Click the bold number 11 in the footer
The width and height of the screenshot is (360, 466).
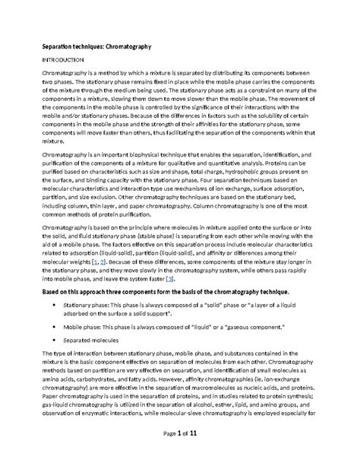197,454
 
